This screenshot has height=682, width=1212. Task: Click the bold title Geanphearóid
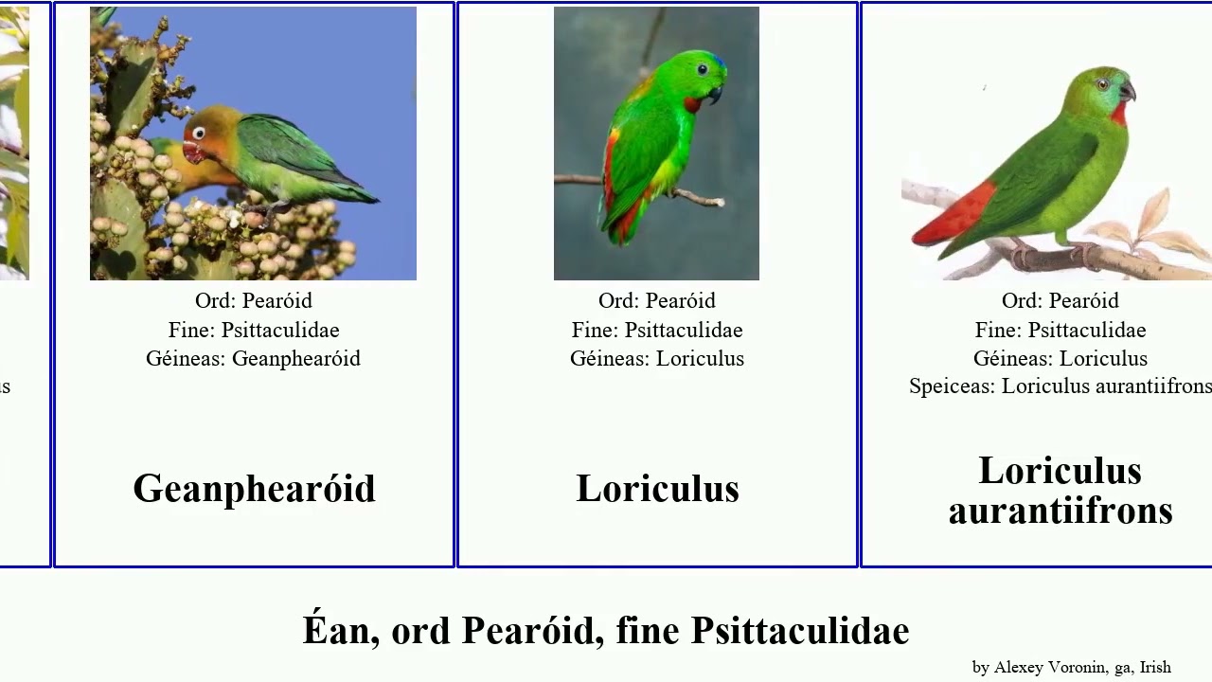tap(254, 489)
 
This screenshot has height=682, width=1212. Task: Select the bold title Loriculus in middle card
tap(657, 489)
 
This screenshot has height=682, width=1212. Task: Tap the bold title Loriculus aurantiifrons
tap(1060, 490)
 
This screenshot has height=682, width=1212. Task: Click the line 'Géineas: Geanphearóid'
tap(253, 359)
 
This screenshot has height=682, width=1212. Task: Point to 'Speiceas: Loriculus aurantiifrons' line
tap(1060, 386)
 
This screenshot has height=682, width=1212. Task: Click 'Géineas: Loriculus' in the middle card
tap(657, 359)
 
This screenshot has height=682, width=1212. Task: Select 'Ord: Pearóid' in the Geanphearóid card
tap(253, 301)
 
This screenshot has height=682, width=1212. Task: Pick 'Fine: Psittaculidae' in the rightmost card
tap(1060, 331)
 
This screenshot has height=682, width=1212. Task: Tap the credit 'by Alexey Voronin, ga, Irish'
tap(1071, 668)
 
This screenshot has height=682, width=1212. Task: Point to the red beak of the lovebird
tap(191, 152)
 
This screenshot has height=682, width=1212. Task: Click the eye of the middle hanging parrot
tap(700, 68)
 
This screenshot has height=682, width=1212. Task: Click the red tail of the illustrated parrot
tap(952, 215)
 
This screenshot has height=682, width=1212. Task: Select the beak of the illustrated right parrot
tap(1128, 92)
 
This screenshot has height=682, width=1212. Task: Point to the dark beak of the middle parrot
tap(714, 93)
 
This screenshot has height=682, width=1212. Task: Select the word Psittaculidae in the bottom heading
tap(800, 631)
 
